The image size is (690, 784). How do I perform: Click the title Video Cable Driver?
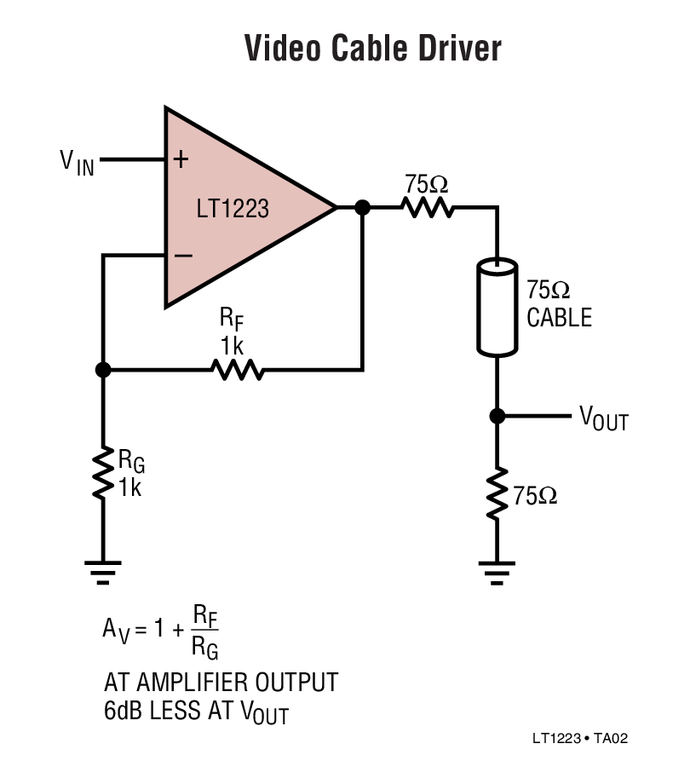point(372,49)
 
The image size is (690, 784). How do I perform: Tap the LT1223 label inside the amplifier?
point(233,208)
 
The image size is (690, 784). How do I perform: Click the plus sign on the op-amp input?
point(181,159)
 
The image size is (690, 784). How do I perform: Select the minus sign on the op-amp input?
point(181,255)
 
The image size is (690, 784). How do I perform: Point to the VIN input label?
point(77,162)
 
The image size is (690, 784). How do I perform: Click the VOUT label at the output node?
point(603,418)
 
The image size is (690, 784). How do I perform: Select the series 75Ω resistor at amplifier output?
point(428,207)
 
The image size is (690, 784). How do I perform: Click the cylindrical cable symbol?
point(497,307)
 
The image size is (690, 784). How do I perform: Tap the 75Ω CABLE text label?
point(558,304)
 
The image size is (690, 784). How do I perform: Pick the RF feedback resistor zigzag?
point(239,370)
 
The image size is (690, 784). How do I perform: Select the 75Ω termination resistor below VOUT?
point(497,492)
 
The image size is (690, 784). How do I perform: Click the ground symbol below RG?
point(103,570)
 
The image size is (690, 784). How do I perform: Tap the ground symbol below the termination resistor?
point(497,570)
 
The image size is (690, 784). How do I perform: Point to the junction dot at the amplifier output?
point(362,207)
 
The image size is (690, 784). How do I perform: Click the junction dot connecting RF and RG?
point(103,370)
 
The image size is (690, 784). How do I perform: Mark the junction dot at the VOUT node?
point(497,416)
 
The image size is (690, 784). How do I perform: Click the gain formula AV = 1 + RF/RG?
point(161,631)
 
